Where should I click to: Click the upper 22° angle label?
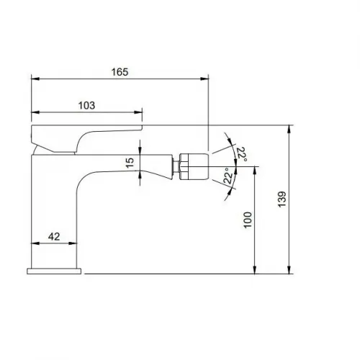[x=242, y=153]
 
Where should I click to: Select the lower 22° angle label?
[x=228, y=177]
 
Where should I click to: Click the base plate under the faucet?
[x=55, y=271]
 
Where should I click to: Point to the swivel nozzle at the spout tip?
[x=193, y=165]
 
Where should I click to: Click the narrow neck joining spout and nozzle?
[x=173, y=166]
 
